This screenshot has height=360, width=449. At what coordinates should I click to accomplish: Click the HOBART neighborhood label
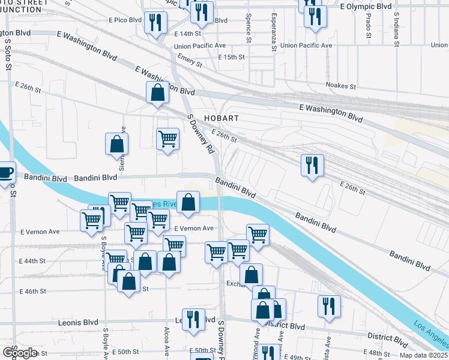pyautogui.click(x=221, y=118)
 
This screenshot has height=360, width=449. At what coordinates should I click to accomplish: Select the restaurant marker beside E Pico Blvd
pyautogui.click(x=156, y=23)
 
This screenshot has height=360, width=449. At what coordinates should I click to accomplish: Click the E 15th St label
pyautogui.click(x=232, y=57)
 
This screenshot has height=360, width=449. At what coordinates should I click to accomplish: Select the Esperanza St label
pyautogui.click(x=274, y=28)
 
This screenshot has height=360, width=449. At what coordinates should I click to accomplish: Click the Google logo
pyautogui.click(x=20, y=353)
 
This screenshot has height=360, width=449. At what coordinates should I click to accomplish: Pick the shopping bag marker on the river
pyautogui.click(x=188, y=202)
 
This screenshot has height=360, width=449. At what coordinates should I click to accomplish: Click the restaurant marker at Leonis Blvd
pyautogui.click(x=193, y=319)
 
